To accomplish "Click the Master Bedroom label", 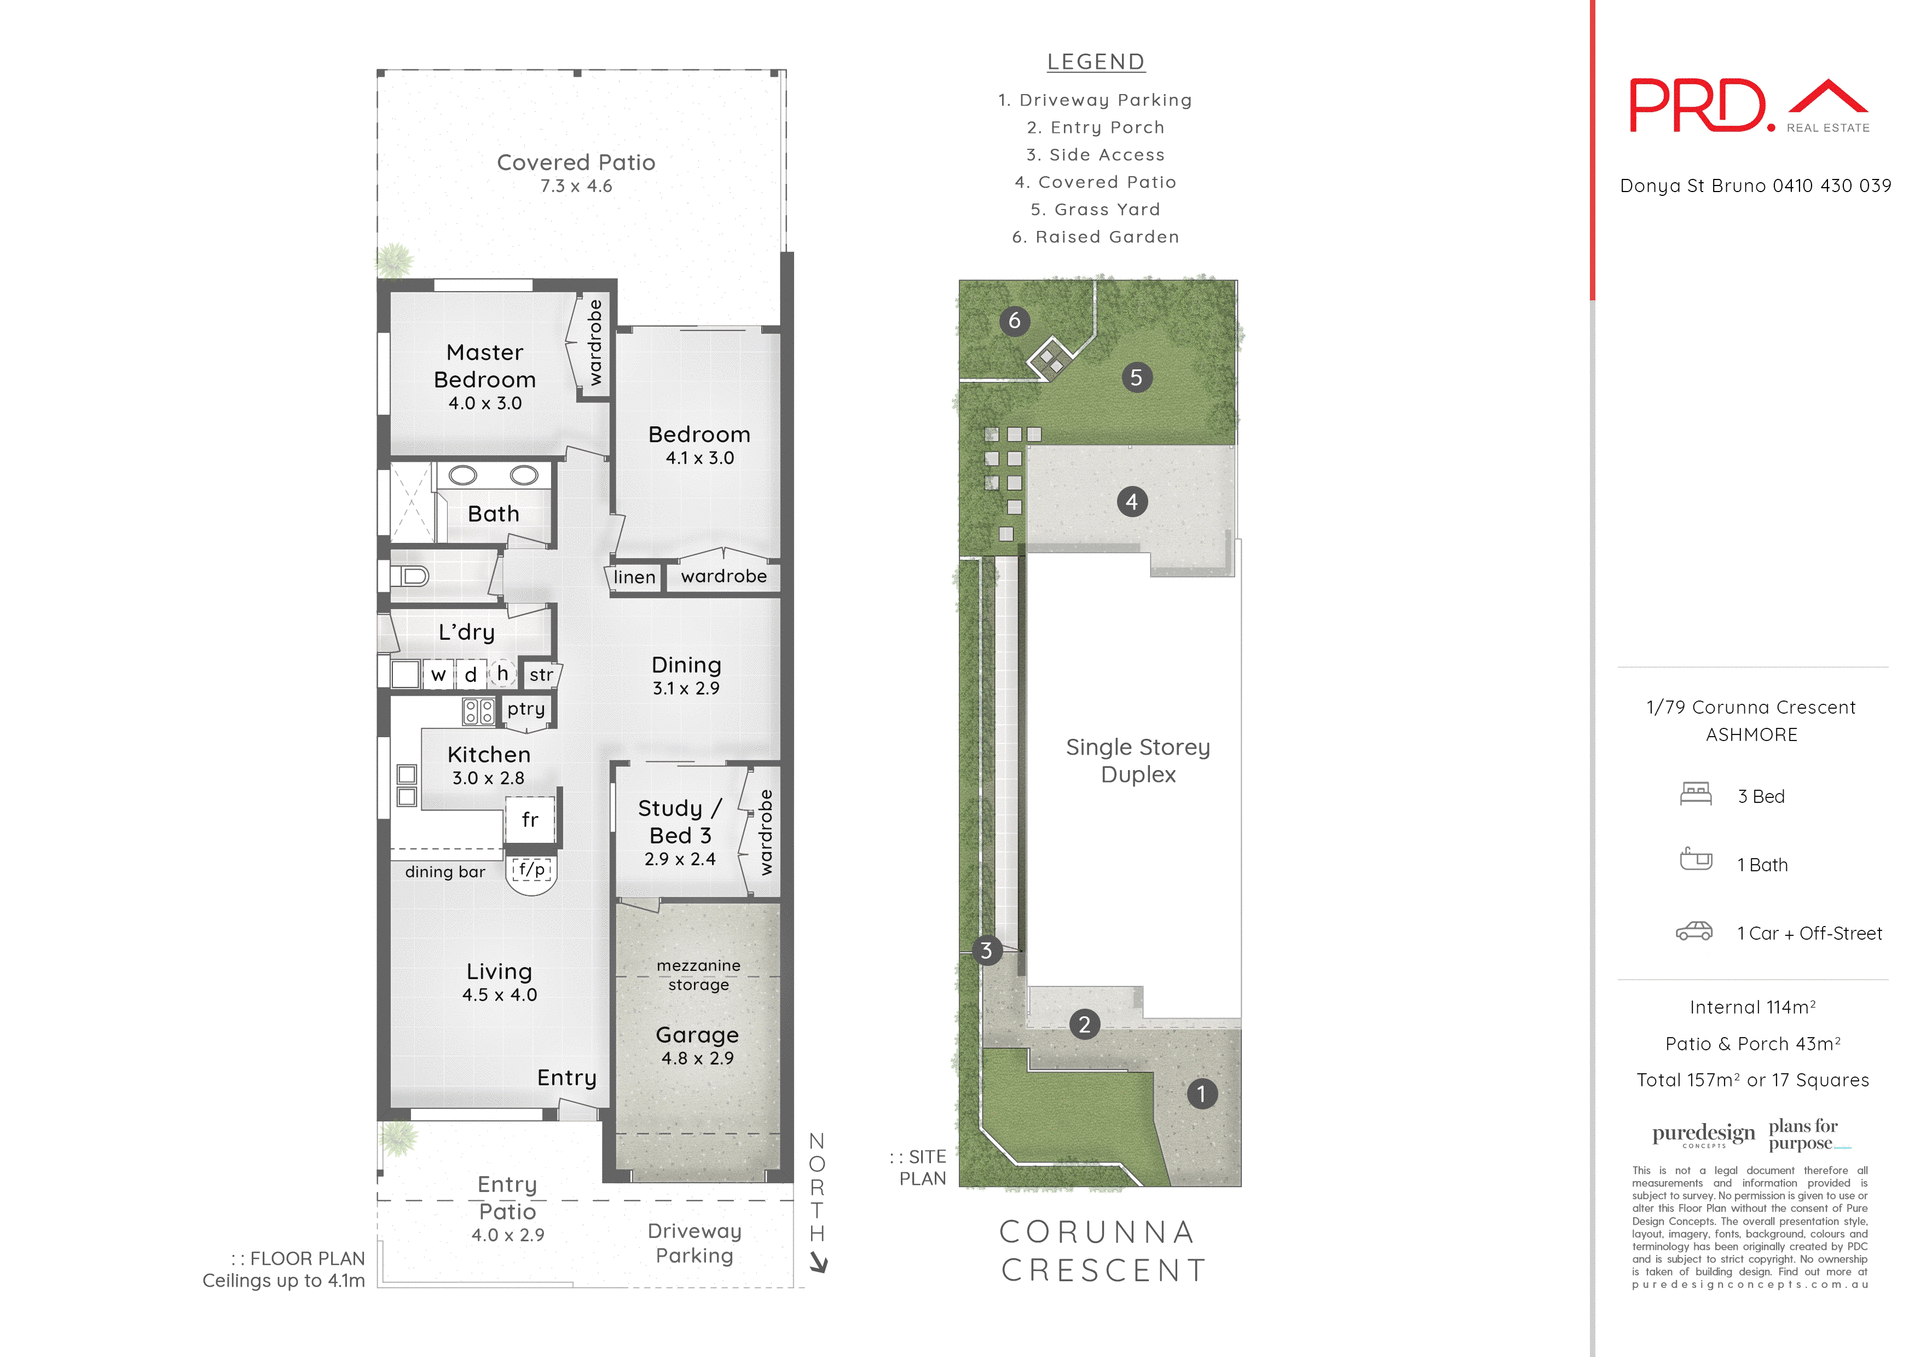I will click(x=485, y=366).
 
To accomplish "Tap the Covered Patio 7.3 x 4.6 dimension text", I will click(x=576, y=186).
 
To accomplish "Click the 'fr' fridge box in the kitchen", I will click(x=530, y=820).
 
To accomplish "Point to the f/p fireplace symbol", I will click(x=532, y=870).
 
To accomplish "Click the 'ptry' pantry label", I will click(x=526, y=709).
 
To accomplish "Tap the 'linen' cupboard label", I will click(x=634, y=577).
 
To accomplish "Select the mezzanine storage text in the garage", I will click(x=698, y=975).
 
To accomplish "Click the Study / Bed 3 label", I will click(x=680, y=821).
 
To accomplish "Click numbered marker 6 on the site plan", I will click(x=1014, y=321).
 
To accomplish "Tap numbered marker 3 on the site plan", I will click(x=986, y=950).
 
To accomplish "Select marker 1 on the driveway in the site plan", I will click(x=1201, y=1094).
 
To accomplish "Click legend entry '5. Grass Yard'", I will click(x=1095, y=209).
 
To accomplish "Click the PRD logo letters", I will click(x=1697, y=106).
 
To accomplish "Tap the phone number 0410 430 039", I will click(x=1831, y=186).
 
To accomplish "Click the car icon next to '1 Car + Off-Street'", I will click(x=1694, y=932).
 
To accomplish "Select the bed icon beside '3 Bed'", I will click(x=1696, y=794).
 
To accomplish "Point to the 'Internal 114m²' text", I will click(x=1752, y=1007).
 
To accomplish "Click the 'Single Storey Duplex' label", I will click(x=1138, y=760).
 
